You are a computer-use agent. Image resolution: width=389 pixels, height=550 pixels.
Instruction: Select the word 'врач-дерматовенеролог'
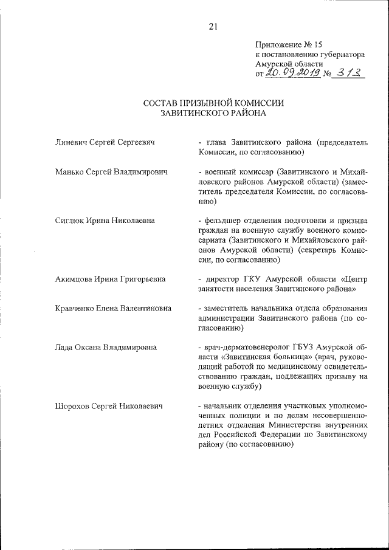pos(249,347)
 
